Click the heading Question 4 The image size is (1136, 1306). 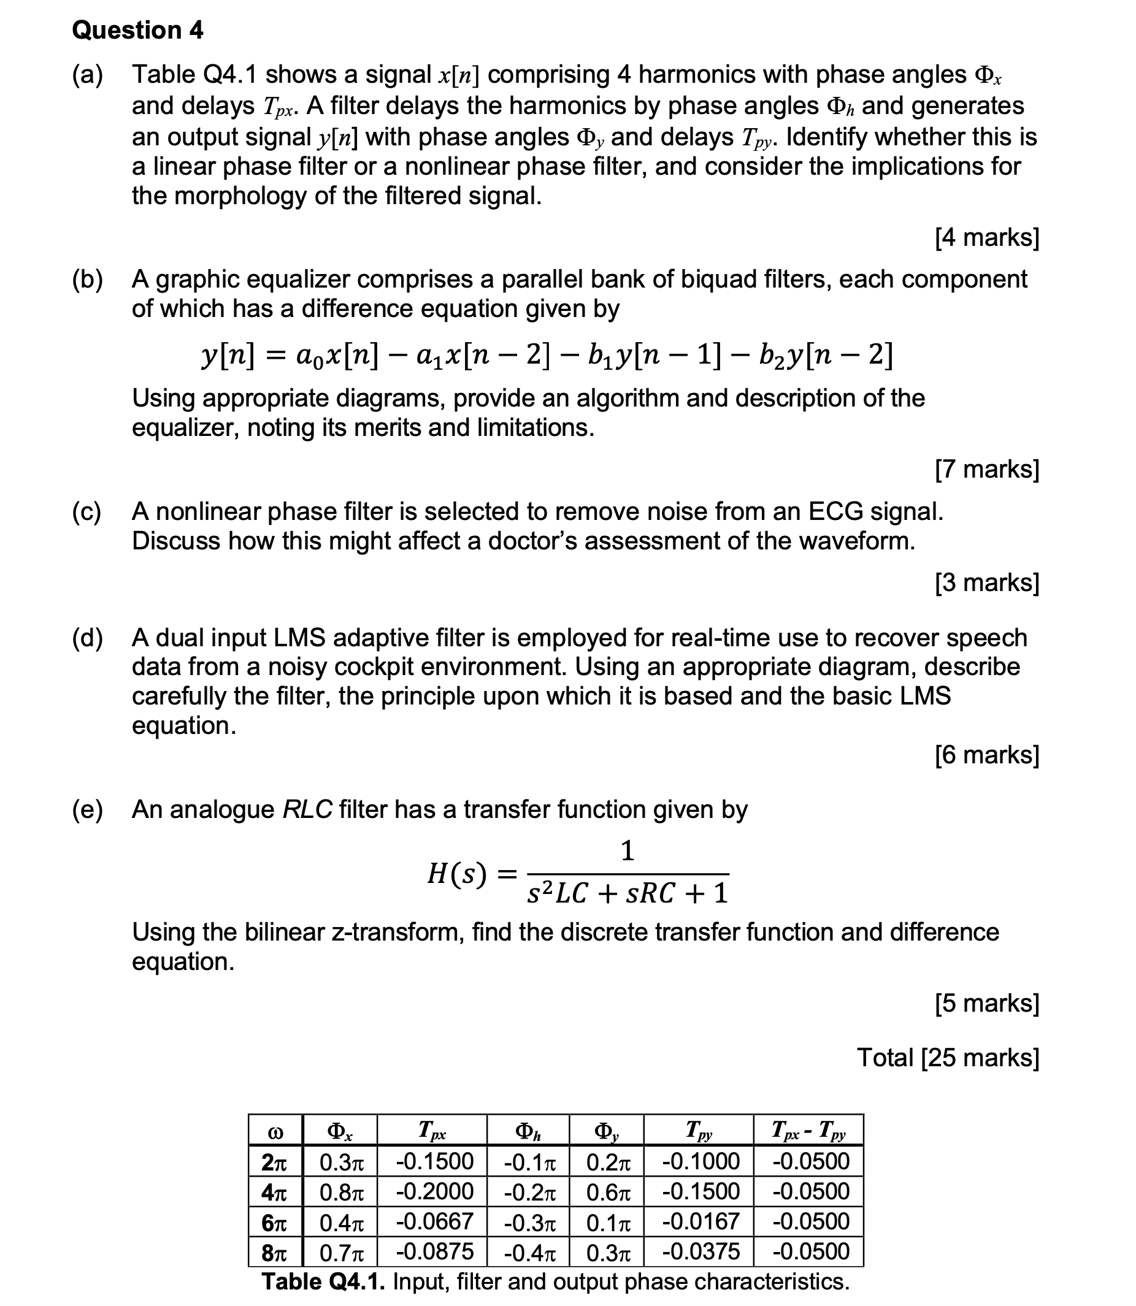click(137, 31)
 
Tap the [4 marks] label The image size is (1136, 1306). click(987, 238)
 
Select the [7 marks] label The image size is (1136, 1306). click(987, 469)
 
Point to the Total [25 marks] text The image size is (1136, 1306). click(948, 1058)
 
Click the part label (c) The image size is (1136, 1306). click(87, 511)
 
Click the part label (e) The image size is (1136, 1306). click(87, 810)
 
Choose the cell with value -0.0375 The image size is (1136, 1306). click(700, 1251)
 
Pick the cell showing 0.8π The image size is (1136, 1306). click(341, 1192)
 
